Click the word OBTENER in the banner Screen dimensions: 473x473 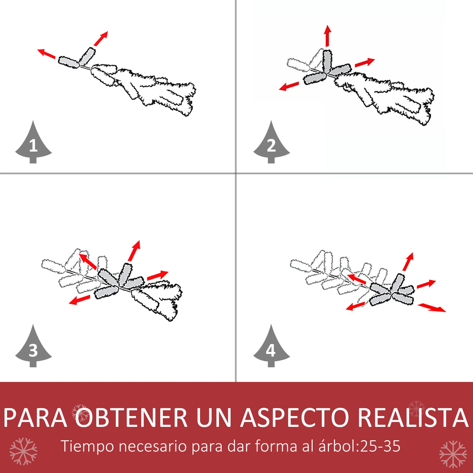(131, 417)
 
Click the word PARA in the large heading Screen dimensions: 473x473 (35, 417)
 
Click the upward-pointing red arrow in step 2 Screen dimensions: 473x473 (327, 36)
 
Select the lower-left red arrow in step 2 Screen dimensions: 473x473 (289, 86)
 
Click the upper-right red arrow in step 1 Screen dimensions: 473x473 (101, 38)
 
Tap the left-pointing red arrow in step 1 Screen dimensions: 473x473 (47, 54)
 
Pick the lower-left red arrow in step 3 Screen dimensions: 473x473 (79, 299)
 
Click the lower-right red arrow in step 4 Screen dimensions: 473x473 (432, 308)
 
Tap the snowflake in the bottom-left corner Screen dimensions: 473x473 (23, 451)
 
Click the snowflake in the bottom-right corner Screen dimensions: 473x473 (453, 454)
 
